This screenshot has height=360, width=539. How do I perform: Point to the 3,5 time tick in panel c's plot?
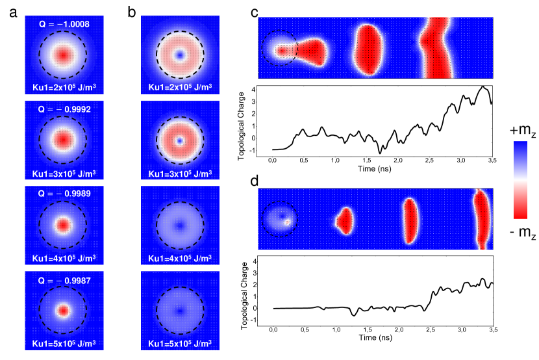(x=491, y=159)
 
